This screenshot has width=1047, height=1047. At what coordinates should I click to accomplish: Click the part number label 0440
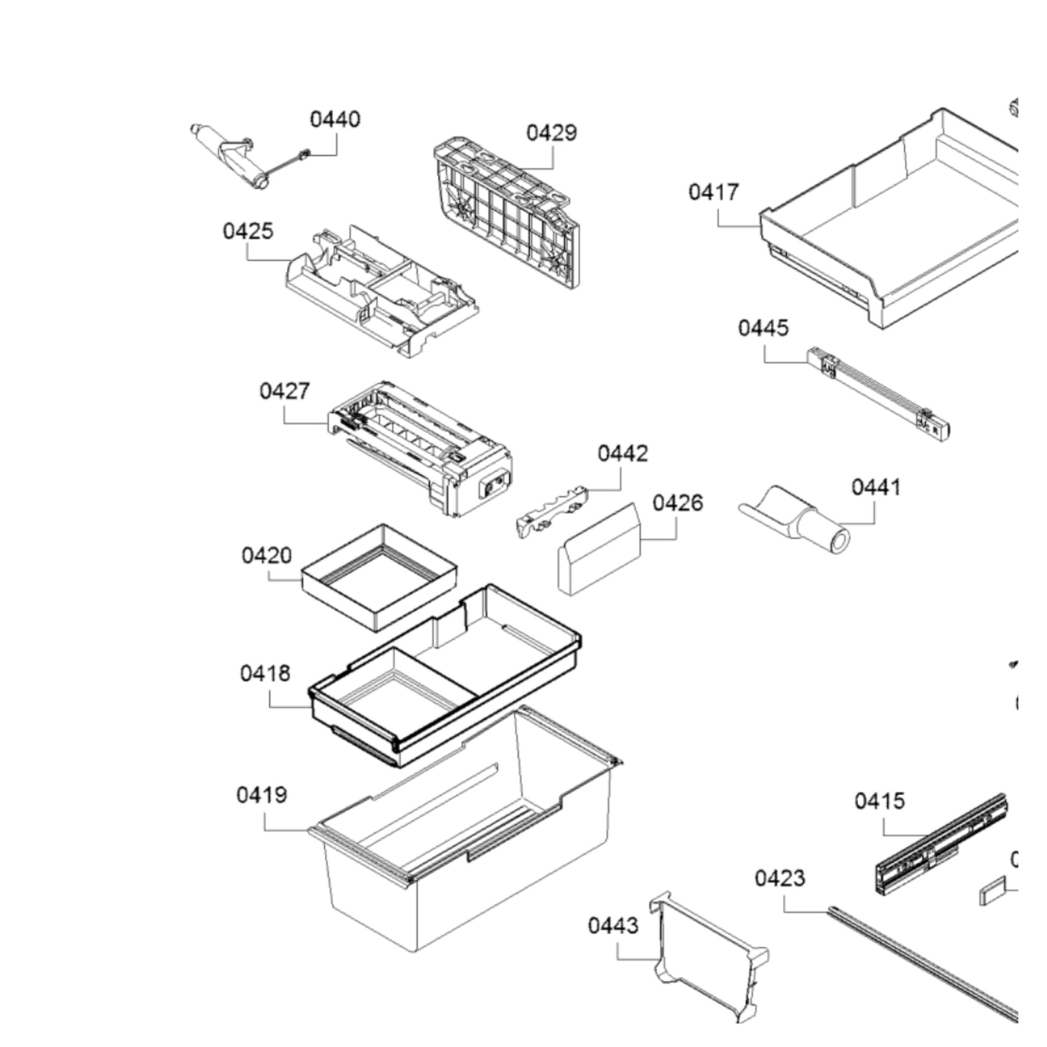(335, 119)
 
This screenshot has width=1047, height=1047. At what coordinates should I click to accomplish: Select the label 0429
(551, 133)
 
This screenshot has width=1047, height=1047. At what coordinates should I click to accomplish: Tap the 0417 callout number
(714, 192)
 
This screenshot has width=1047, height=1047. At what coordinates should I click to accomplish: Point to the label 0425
(248, 231)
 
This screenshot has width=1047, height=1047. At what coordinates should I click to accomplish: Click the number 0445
(763, 328)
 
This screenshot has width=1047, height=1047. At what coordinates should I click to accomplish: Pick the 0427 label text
(285, 391)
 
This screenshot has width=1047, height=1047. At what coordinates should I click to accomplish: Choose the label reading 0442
(623, 454)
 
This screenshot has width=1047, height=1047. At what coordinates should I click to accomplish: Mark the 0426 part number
(678, 503)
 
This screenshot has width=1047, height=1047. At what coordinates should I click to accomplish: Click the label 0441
(876, 487)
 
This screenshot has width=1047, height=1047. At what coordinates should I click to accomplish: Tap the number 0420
(266, 556)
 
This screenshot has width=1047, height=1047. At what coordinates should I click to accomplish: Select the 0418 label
(265, 674)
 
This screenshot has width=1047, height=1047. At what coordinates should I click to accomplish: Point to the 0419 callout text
(262, 796)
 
